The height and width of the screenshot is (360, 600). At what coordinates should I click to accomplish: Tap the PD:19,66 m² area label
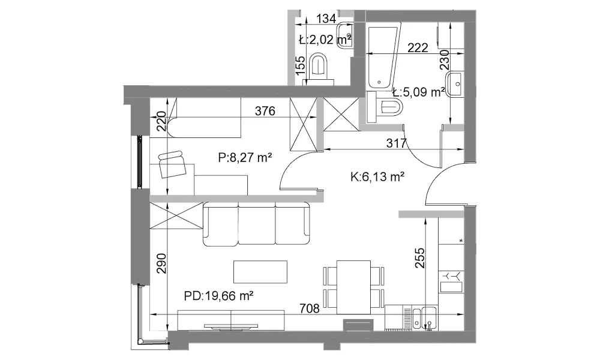219,295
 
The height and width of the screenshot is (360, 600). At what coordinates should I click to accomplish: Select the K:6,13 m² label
377,176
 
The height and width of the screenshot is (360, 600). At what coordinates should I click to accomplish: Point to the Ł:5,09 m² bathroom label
419,92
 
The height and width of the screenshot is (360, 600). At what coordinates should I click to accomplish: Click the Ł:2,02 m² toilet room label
325,40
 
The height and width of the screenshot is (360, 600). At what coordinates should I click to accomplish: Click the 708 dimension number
309,308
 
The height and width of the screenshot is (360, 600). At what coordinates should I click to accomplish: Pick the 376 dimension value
265,111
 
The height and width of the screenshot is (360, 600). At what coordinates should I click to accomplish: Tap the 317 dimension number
396,143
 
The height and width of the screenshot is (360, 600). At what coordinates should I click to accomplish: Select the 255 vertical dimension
419,258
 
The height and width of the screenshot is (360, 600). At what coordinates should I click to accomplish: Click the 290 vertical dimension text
162,263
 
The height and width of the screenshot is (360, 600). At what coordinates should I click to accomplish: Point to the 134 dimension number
326,19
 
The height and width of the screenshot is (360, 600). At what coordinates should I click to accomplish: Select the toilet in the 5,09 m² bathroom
384,107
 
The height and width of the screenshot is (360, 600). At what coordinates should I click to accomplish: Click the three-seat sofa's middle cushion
257,224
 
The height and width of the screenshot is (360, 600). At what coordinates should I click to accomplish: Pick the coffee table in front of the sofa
260,272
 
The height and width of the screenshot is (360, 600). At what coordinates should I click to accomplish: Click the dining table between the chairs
353,287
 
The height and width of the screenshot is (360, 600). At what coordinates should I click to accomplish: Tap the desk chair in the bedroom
172,164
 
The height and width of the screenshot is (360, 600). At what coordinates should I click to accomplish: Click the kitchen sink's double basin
424,317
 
